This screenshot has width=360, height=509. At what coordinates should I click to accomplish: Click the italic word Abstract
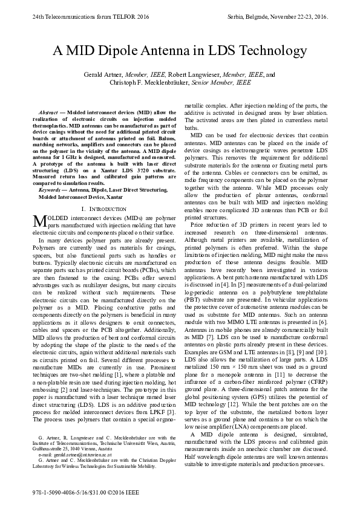[48, 113]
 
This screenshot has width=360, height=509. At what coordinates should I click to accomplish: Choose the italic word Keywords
[51, 190]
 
